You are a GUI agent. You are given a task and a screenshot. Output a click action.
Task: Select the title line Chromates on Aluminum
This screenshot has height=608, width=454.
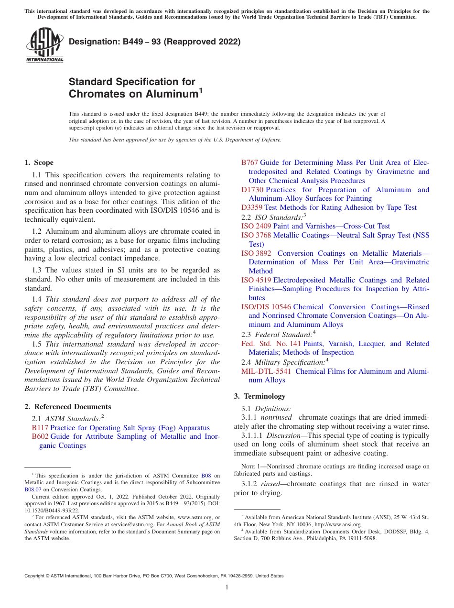[133, 94]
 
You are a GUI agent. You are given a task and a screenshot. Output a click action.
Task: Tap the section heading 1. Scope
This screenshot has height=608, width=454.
[39, 163]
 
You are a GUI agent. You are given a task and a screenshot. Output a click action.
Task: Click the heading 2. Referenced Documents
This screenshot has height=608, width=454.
[68, 407]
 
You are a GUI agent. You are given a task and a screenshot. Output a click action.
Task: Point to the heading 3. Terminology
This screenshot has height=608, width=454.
[259, 396]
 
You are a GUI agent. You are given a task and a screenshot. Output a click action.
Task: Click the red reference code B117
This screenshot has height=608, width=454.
[40, 428]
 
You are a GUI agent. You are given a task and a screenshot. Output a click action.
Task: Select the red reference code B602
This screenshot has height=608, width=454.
[40, 436]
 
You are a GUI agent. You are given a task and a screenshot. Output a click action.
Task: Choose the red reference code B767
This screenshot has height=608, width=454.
[249, 163]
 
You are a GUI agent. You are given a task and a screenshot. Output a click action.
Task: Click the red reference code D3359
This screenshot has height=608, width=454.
[252, 207]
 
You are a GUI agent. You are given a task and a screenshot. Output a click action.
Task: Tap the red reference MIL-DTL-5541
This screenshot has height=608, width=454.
[266, 371]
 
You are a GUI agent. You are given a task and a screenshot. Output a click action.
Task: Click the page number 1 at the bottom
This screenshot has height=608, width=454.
[227, 587]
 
